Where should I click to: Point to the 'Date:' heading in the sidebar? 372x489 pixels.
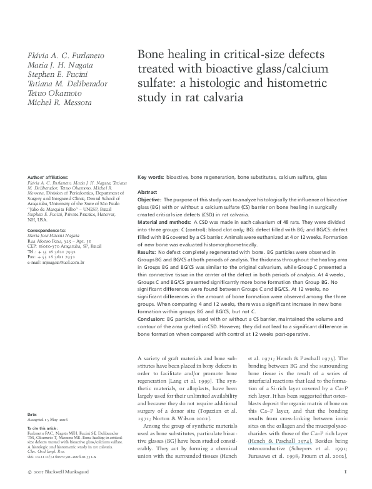33,415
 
